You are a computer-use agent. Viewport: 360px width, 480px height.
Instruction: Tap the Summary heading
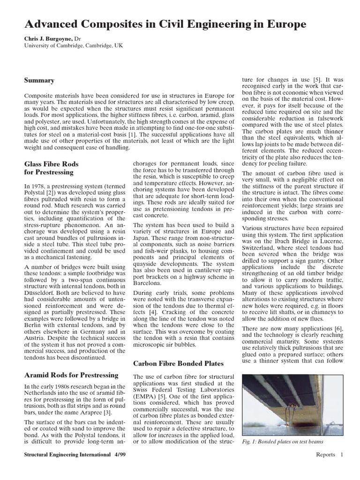[39, 81]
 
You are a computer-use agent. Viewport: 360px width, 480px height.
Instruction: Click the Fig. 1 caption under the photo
[283, 442]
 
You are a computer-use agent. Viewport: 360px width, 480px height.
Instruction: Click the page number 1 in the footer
[342, 454]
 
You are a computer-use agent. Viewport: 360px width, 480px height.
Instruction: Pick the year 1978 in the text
[38, 187]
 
